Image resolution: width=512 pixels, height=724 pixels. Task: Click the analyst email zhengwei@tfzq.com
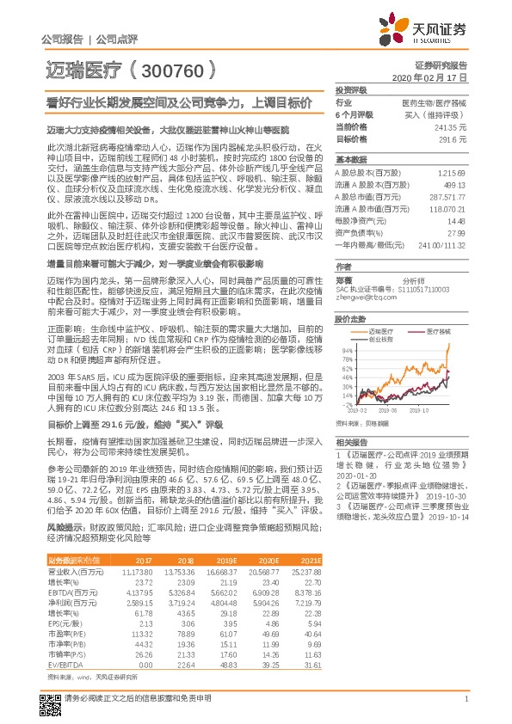point(363,298)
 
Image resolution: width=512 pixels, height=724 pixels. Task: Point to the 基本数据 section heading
point(351,161)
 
